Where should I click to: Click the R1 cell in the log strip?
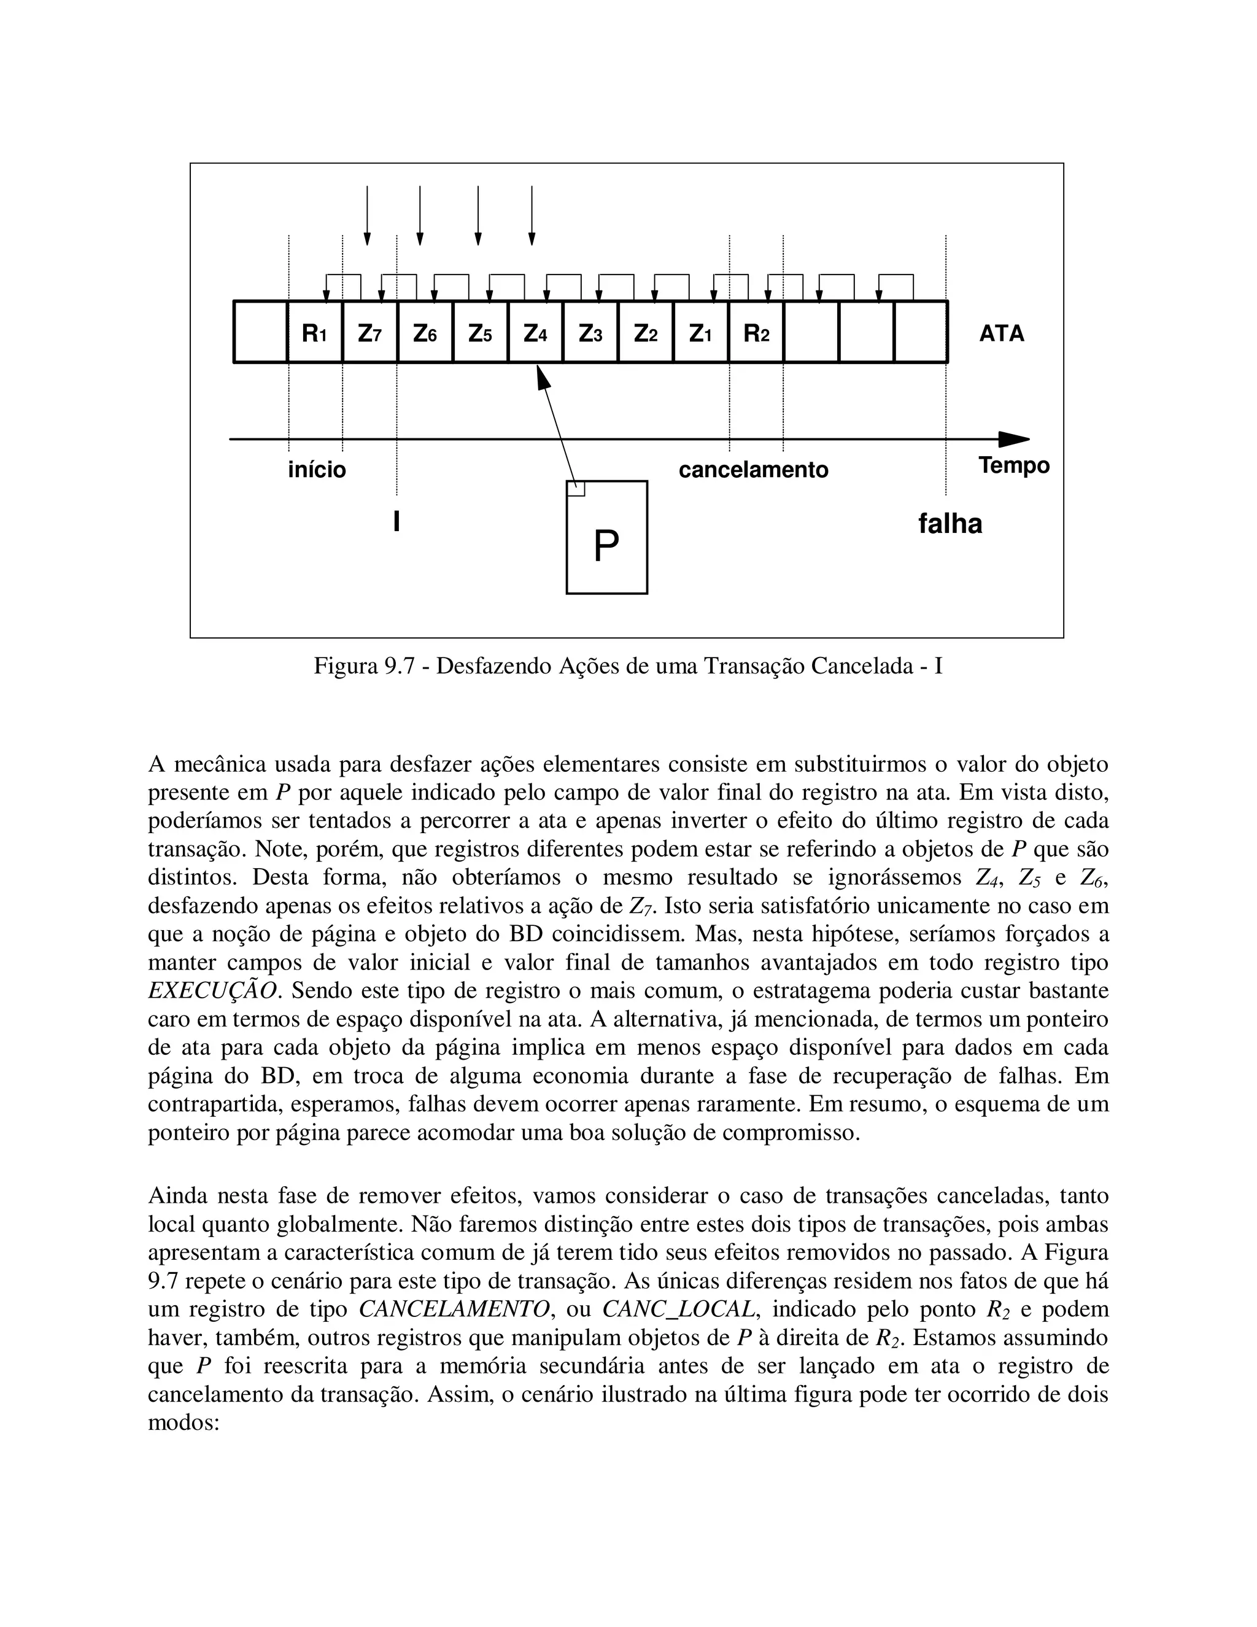pyautogui.click(x=314, y=333)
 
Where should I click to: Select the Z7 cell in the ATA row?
pyautogui.click(x=370, y=333)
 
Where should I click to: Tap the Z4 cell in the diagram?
pyautogui.click(x=535, y=333)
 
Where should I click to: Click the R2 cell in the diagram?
pyautogui.click(x=756, y=333)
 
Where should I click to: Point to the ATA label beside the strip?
pyautogui.click(x=1002, y=333)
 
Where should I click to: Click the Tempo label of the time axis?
pyautogui.click(x=1013, y=465)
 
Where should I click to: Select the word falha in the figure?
pyautogui.click(x=950, y=524)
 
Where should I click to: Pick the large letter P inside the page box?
pyautogui.click(x=606, y=548)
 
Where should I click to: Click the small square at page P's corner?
pyautogui.click(x=576, y=489)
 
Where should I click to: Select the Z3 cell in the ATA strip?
pyautogui.click(x=590, y=333)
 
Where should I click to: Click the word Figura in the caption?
pyautogui.click(x=346, y=666)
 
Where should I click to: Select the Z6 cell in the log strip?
pyautogui.click(x=425, y=333)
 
